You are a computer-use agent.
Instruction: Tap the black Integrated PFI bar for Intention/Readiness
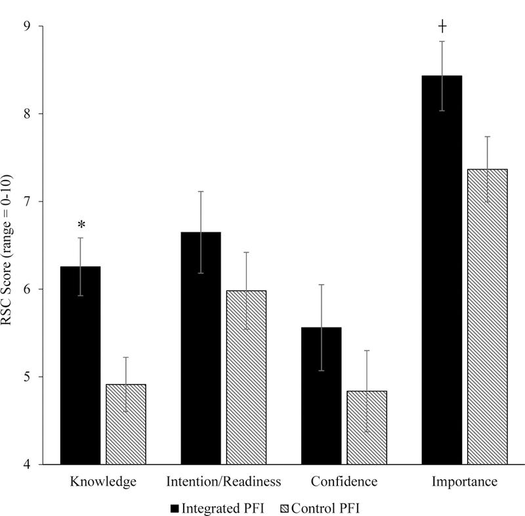point(201,348)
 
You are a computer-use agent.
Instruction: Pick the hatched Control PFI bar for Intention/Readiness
point(246,377)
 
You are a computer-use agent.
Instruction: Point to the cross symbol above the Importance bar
point(442,26)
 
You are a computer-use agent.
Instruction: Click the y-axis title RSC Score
point(10,245)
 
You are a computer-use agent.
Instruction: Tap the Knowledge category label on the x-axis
point(103,482)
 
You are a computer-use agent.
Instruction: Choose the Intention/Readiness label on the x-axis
point(224,482)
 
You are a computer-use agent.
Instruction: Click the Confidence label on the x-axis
point(345,482)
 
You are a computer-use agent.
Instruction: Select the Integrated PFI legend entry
point(217,507)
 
